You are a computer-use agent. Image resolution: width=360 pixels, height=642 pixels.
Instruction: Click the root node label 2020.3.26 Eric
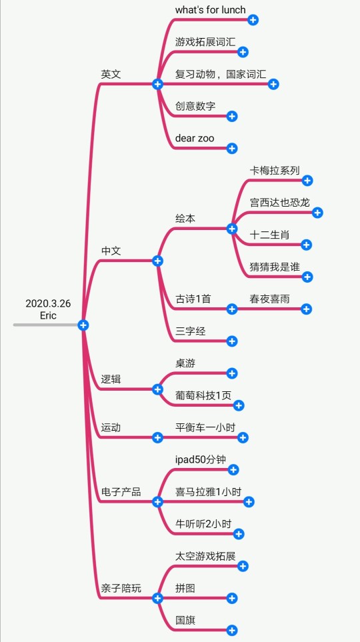(48, 309)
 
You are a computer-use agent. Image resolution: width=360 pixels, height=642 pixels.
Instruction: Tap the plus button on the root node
(83, 325)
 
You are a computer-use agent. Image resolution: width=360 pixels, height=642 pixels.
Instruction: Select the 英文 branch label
(111, 74)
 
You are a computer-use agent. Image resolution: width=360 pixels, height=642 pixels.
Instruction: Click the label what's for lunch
(211, 10)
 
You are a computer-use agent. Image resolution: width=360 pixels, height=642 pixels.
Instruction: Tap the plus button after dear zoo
(232, 148)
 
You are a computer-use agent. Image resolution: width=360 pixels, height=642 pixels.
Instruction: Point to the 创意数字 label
(195, 106)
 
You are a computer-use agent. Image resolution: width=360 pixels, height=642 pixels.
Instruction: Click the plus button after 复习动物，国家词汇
(273, 85)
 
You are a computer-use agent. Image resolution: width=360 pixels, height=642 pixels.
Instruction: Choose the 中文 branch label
(111, 251)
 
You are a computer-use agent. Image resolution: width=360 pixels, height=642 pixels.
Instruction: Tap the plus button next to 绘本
(232, 229)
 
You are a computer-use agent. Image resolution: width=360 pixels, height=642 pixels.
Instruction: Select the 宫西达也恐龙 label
(280, 202)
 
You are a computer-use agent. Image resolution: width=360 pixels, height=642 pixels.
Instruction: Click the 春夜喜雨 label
(269, 299)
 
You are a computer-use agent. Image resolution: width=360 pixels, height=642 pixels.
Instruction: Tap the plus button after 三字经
(232, 341)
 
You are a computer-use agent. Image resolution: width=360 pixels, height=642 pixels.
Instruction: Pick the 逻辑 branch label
(111, 379)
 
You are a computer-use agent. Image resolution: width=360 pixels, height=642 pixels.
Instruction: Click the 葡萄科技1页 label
(203, 395)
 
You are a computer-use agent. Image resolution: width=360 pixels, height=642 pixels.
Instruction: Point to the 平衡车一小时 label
(205, 427)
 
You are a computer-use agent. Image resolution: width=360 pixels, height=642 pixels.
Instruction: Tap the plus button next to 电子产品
(158, 502)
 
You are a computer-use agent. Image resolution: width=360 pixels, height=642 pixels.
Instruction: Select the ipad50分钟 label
(201, 459)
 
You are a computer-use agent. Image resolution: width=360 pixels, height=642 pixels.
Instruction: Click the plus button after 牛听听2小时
(239, 534)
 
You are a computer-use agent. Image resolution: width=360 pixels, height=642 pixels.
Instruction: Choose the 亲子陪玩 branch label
(121, 589)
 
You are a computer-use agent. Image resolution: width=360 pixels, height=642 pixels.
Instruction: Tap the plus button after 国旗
(232, 631)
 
